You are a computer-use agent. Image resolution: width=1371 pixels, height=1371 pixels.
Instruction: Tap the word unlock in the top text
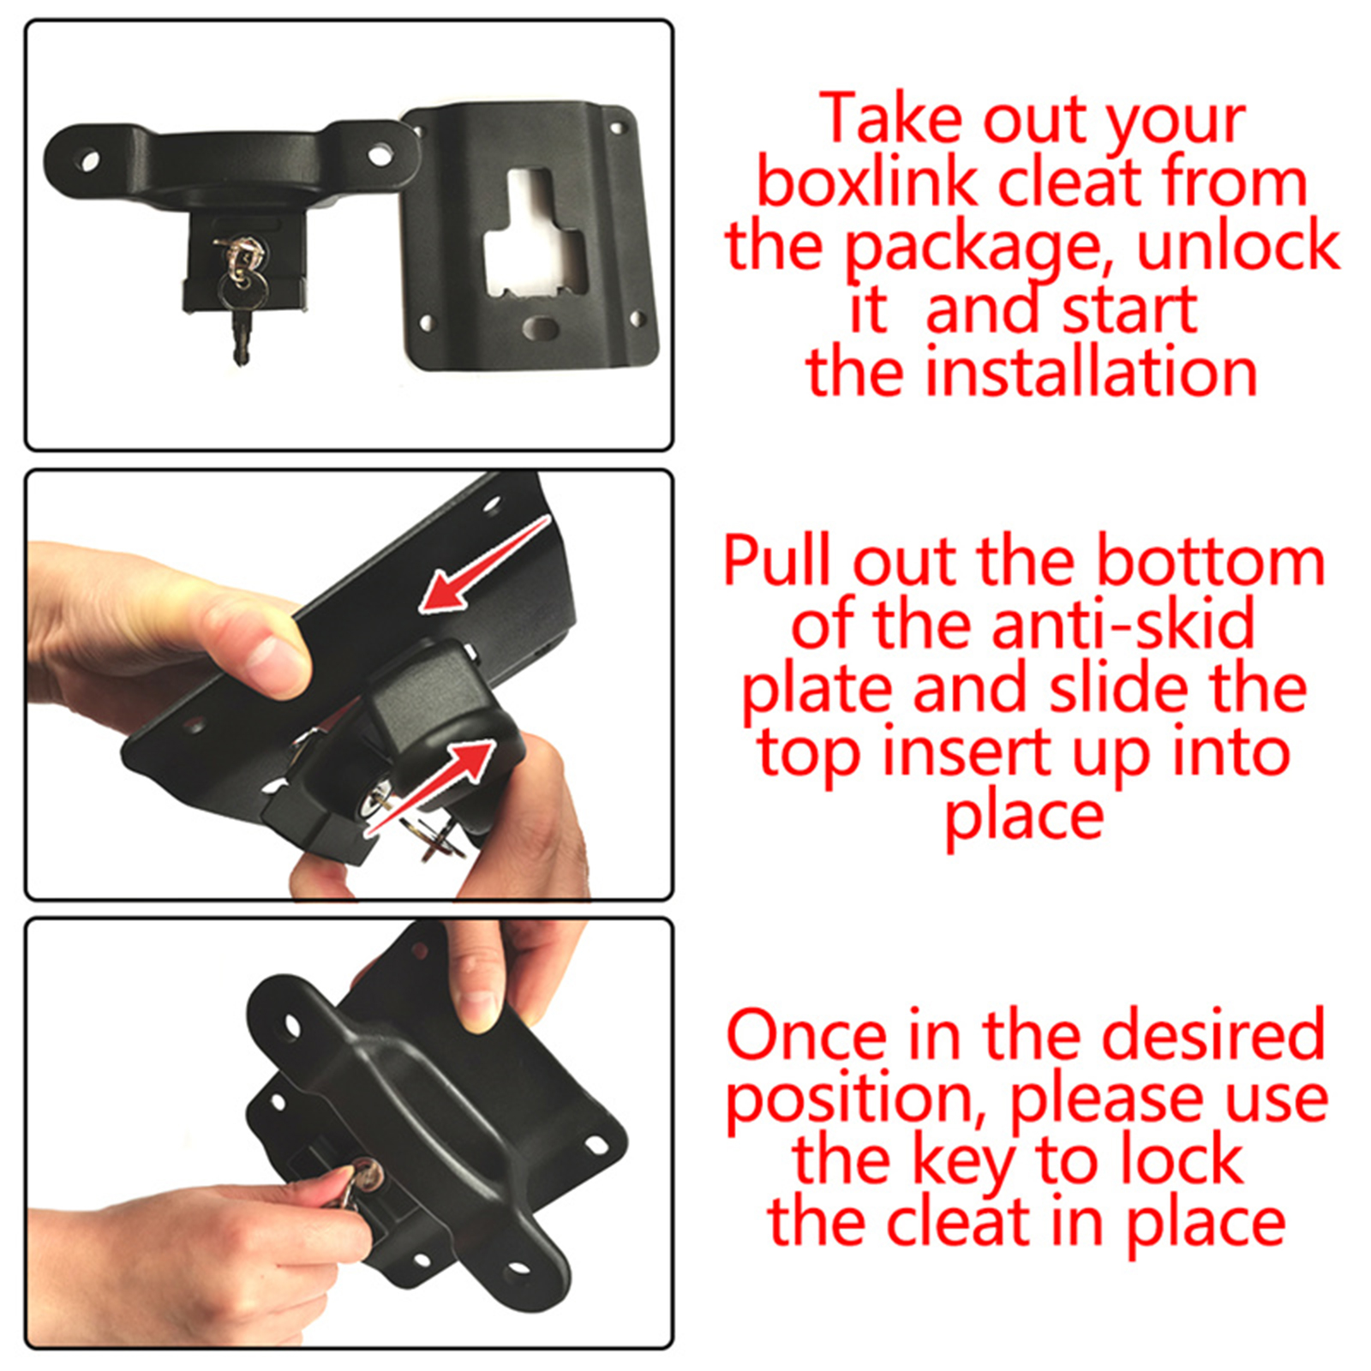pyautogui.click(x=1238, y=246)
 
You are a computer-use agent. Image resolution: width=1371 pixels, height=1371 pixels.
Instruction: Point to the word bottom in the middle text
pyautogui.click(x=1211, y=561)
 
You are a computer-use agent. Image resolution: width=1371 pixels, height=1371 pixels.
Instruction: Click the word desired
pyautogui.click(x=1213, y=1034)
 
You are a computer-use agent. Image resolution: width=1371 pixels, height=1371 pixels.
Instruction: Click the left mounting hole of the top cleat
pyautogui.click(x=88, y=161)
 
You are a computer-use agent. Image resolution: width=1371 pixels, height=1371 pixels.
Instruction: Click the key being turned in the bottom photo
pyautogui.click(x=358, y=1182)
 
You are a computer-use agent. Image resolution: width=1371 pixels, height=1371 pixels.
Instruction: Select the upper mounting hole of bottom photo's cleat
pyautogui.click(x=292, y=1025)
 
